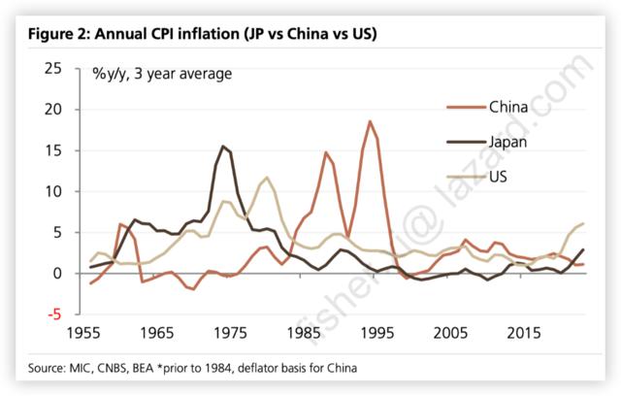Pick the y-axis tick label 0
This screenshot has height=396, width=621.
[57, 273]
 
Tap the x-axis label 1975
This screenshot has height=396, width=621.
[231, 334]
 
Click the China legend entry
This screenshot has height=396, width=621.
[507, 106]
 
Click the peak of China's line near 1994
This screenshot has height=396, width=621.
[370, 121]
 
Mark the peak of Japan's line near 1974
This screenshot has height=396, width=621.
[224, 147]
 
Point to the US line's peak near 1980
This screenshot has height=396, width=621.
[268, 178]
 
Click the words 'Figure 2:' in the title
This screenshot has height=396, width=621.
[58, 35]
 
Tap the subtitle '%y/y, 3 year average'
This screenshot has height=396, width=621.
[162, 73]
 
